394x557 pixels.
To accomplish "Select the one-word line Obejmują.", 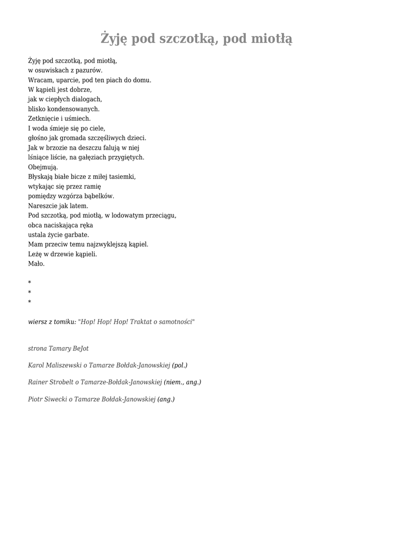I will (x=43, y=167).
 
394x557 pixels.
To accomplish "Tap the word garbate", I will (x=77, y=234).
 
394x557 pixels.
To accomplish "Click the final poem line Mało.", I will (x=36, y=264).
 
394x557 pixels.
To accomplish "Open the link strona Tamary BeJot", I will (x=58, y=348).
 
